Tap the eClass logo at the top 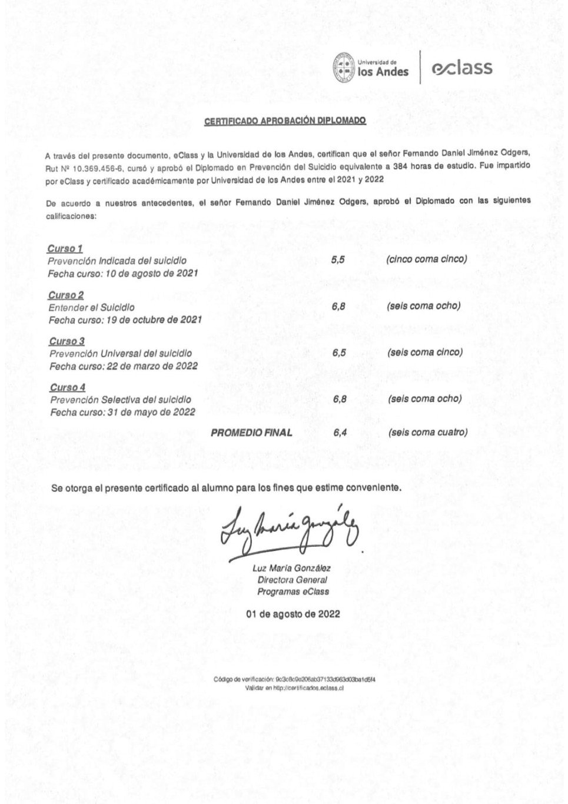(x=461, y=68)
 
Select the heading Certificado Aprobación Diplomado (x=285, y=121)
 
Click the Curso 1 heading (x=65, y=248)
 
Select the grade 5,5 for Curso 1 (x=338, y=260)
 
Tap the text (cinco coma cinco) (x=426, y=259)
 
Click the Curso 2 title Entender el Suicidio (x=92, y=307)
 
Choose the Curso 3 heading (x=67, y=341)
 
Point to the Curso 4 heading (x=67, y=387)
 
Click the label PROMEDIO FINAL (x=251, y=433)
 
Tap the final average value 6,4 (x=340, y=433)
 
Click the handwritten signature (x=288, y=526)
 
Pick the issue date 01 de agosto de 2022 (x=293, y=614)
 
